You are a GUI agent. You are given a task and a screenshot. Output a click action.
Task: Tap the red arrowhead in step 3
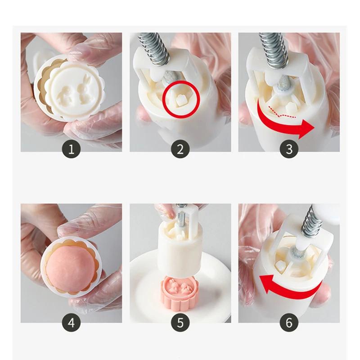307,129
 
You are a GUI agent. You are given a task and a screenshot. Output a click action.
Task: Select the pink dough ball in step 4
70,269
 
